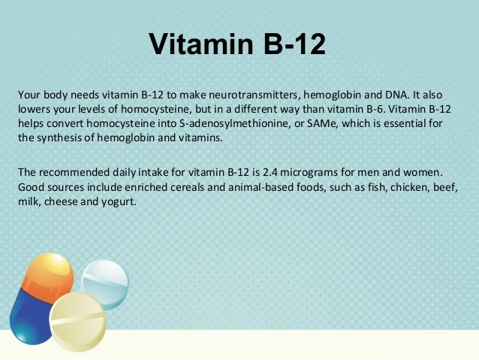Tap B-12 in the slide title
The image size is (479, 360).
288,45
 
